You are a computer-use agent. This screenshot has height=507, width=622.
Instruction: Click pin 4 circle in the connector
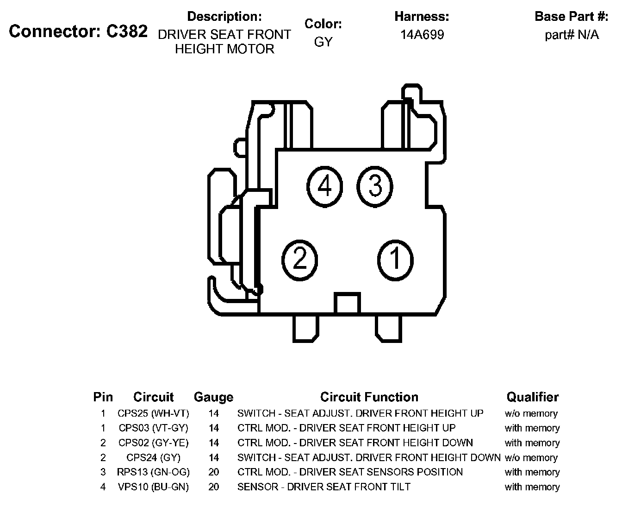324,187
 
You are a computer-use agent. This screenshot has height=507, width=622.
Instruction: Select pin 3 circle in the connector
375,187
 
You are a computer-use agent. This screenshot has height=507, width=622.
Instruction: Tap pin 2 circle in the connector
300,259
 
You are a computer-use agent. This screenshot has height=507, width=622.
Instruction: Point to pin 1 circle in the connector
395,259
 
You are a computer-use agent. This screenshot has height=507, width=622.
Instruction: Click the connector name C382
127,32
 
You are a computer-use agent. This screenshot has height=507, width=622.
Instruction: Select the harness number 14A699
422,35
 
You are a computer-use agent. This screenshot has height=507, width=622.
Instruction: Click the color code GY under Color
323,42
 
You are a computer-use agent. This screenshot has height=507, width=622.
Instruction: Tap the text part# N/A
572,35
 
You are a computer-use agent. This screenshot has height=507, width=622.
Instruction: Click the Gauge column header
213,397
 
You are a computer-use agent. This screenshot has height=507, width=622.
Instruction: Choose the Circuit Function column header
369,397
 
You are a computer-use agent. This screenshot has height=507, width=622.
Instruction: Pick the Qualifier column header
532,397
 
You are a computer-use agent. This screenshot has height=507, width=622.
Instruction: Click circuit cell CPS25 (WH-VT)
153,413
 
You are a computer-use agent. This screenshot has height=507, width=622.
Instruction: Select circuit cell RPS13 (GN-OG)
153,472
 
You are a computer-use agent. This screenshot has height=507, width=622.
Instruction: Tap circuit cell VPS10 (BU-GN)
153,487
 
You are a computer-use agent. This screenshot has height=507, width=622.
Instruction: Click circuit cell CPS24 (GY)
153,457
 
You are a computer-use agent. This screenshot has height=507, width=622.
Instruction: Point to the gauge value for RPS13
213,472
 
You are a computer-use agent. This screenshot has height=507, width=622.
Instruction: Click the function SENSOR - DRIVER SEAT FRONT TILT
323,487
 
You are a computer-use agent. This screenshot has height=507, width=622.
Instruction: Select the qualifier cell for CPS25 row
531,413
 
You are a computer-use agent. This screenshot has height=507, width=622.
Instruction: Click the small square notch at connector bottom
347,304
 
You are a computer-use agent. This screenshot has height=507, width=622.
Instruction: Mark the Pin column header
103,397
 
